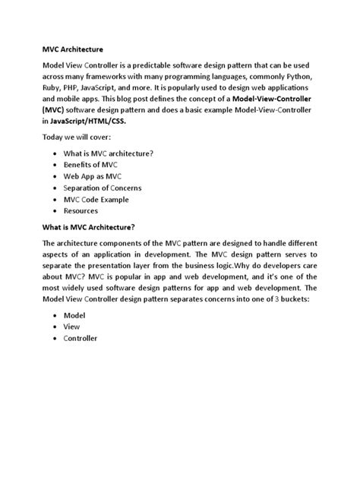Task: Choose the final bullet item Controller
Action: [81, 338]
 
